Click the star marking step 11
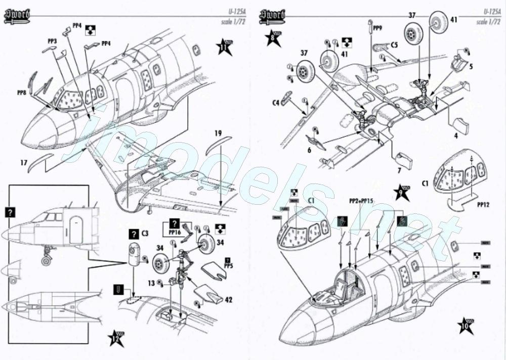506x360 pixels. (x=224, y=47)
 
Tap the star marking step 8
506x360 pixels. (x=273, y=36)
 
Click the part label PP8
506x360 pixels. (x=22, y=92)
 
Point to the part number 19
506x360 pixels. (x=217, y=134)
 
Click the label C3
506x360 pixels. (x=145, y=234)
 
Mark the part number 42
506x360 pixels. (x=229, y=300)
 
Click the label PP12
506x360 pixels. (x=485, y=206)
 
